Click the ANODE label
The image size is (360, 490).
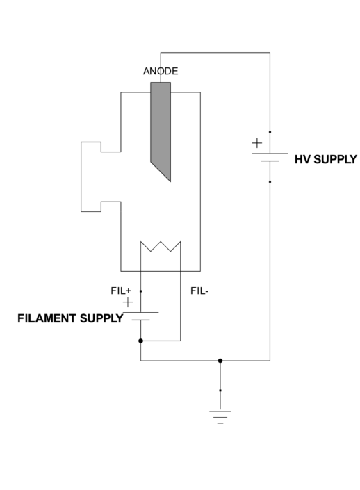[161, 72]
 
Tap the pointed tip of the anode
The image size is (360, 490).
[170, 180]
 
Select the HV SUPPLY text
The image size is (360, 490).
[325, 159]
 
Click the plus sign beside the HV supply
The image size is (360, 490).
[257, 143]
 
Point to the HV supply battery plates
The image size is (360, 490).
[270, 157]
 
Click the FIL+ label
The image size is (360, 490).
[122, 291]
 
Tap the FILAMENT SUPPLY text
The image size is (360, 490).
[69, 319]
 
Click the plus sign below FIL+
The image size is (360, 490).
[128, 302]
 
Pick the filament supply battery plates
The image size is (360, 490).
[141, 316]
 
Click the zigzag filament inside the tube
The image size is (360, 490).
[161, 247]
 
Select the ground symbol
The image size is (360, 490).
[220, 416]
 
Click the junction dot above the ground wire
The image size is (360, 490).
[220, 361]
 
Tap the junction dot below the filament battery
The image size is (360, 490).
[141, 341]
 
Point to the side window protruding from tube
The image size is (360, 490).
[91, 177]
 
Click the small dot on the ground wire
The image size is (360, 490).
[220, 391]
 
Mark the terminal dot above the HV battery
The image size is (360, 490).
[270, 131]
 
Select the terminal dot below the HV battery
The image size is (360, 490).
[270, 182]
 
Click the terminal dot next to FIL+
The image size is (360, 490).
[141, 291]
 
